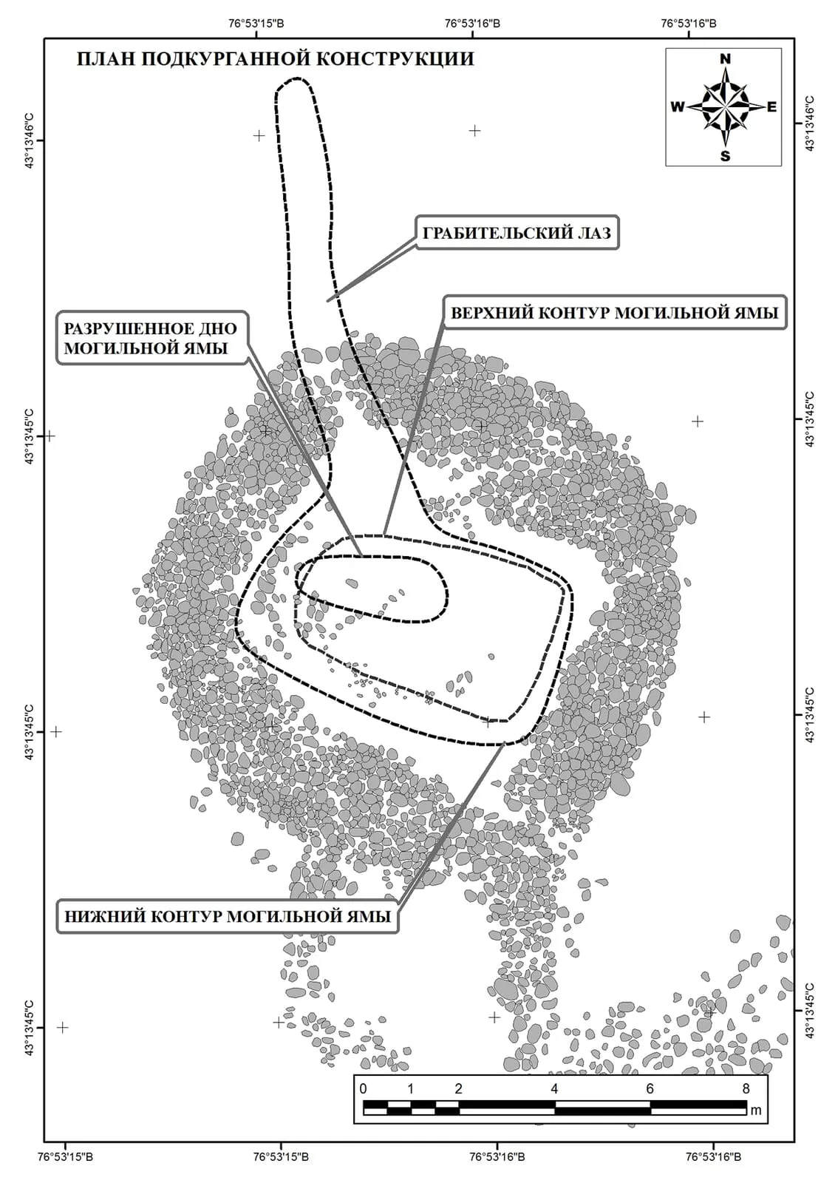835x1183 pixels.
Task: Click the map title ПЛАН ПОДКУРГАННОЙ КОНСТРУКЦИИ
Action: [x=275, y=58]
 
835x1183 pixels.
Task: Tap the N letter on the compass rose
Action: [x=725, y=59]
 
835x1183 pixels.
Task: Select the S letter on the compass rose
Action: [x=725, y=156]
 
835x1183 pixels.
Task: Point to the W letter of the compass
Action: [x=678, y=107]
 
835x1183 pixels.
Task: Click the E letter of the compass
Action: [x=771, y=107]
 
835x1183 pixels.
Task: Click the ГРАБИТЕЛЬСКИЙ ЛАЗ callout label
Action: [x=517, y=232]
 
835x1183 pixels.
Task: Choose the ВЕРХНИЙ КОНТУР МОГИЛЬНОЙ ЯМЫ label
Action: [x=614, y=313]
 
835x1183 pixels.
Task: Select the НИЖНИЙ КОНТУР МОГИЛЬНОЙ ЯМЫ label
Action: [x=228, y=916]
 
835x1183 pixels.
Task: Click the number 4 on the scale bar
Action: [x=554, y=1088]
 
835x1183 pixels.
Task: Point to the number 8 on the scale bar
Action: [x=746, y=1088]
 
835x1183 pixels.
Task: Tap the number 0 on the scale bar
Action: [x=363, y=1088]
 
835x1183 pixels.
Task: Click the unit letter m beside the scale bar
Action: [x=756, y=1110]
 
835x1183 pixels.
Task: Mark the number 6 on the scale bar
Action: [x=650, y=1088]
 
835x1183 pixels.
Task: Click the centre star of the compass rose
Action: [x=725, y=107]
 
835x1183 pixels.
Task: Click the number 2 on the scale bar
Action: [x=458, y=1088]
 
